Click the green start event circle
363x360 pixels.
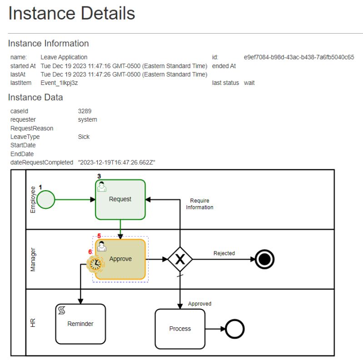(x=45, y=199)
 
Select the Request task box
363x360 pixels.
(x=120, y=199)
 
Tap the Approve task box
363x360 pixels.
(x=121, y=259)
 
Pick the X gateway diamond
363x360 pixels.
(x=180, y=259)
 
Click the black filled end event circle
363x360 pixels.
(x=264, y=259)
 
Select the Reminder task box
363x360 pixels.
(x=80, y=324)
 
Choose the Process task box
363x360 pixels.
(x=180, y=329)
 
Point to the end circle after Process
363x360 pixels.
(x=235, y=329)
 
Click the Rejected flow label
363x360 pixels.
(x=224, y=253)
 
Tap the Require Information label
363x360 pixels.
(x=199, y=204)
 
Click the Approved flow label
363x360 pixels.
(x=199, y=304)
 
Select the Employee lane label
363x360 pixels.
(x=33, y=199)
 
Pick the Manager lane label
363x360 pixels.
(x=33, y=259)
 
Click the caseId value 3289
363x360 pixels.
(x=85, y=111)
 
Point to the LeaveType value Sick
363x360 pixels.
(x=84, y=137)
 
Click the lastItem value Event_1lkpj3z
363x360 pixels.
(x=59, y=83)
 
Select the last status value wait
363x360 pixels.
(x=249, y=83)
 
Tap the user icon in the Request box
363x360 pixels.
(x=102, y=187)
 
